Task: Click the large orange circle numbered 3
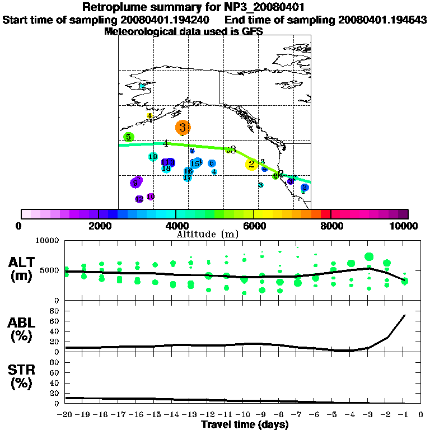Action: click(x=183, y=128)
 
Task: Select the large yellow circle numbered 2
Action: click(x=251, y=164)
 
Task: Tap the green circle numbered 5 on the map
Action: click(x=128, y=137)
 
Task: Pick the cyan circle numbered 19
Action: click(x=153, y=157)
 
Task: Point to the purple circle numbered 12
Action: click(x=139, y=199)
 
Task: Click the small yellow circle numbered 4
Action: click(x=149, y=116)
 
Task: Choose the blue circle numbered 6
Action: click(x=212, y=163)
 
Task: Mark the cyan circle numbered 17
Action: click(x=188, y=177)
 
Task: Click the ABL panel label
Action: click(x=23, y=330)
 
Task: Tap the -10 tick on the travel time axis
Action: click(x=244, y=415)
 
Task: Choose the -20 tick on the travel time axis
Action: click(x=66, y=415)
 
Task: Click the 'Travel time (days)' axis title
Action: click(x=245, y=424)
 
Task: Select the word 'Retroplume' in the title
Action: click(x=115, y=8)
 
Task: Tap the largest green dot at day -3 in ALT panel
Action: click(x=368, y=257)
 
